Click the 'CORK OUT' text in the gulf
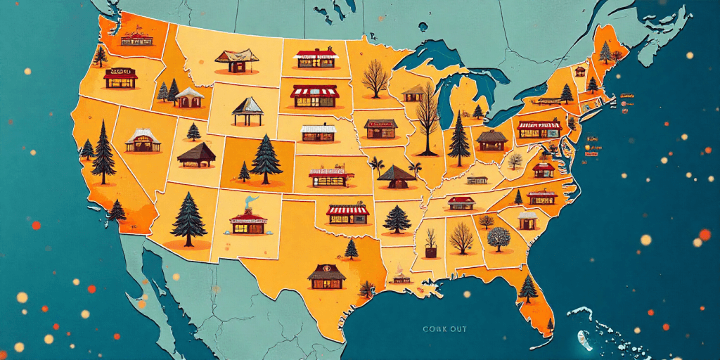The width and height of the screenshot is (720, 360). click(x=444, y=328)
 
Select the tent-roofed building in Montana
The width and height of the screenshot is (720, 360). click(x=233, y=60)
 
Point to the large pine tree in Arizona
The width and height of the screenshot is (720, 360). click(x=189, y=219)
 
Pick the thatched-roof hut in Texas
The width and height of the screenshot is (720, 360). click(x=326, y=276)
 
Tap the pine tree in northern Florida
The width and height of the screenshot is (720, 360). click(x=527, y=288)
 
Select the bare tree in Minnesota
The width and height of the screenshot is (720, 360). click(x=374, y=78)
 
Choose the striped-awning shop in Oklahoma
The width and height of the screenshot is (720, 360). click(x=347, y=214)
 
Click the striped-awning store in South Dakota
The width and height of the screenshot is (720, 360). click(x=314, y=96)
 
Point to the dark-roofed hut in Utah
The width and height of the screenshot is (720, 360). click(x=196, y=155)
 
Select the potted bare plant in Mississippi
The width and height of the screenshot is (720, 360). click(x=430, y=243)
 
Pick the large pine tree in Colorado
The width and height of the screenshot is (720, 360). click(x=266, y=160)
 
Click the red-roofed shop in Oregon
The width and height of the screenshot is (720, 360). click(x=121, y=78)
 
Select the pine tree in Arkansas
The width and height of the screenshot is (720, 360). click(x=397, y=219)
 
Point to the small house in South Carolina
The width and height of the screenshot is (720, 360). click(x=527, y=220)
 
